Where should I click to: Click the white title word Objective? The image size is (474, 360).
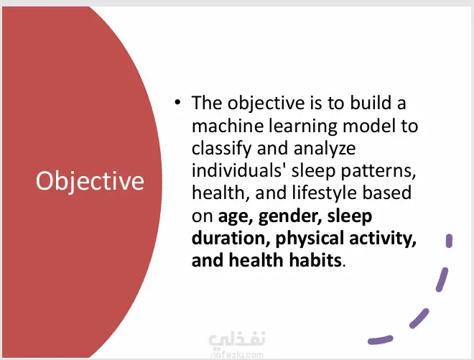90,181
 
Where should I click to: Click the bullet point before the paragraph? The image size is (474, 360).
177,102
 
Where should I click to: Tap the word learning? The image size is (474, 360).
303,126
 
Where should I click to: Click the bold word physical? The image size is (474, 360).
310,239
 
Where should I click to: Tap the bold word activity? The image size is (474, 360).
383,239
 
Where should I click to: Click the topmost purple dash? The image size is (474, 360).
449,241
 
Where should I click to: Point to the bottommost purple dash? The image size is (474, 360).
381,340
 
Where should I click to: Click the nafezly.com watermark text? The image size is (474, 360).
237,354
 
